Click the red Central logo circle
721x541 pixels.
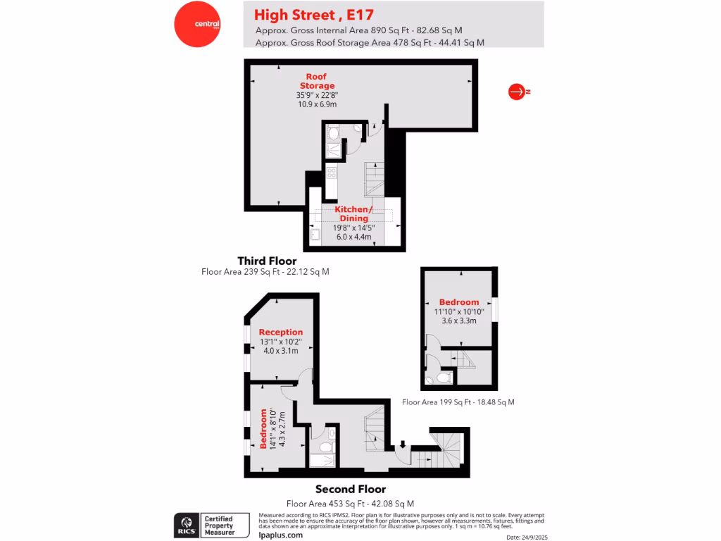click(x=197, y=24)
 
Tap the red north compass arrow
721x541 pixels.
click(x=517, y=92)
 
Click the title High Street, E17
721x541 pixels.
click(x=313, y=14)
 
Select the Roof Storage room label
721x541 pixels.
click(x=316, y=81)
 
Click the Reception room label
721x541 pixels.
click(x=281, y=332)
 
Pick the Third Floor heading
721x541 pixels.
click(x=267, y=261)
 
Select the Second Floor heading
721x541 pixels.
click(x=350, y=489)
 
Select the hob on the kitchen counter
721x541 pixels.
click(x=331, y=172)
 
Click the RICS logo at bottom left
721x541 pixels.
click(x=186, y=525)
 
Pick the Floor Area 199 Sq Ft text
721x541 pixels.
click(x=458, y=402)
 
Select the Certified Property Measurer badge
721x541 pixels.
click(x=225, y=525)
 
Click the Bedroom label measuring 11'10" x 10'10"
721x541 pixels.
click(x=458, y=302)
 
